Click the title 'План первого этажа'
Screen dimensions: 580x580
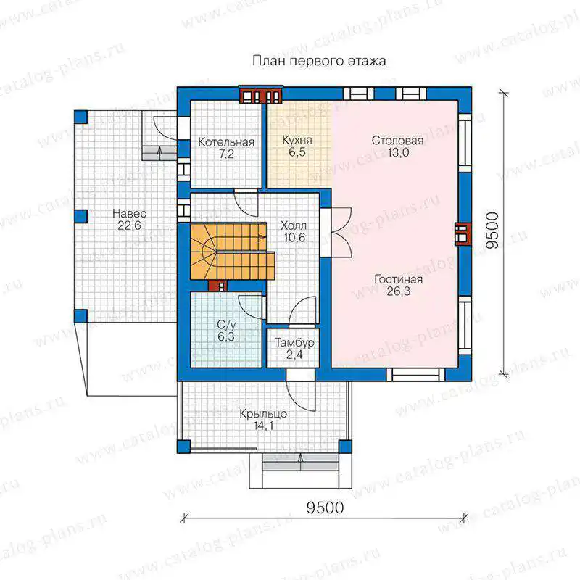[x=319, y=61]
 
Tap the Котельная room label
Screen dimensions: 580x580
[x=226, y=142]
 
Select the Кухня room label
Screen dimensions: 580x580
[x=297, y=140]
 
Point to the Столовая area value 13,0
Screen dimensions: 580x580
[x=398, y=152]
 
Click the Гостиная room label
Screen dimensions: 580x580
[x=398, y=279]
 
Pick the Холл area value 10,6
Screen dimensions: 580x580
[x=294, y=238]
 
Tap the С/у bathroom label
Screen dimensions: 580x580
[x=226, y=325]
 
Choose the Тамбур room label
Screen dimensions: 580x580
[x=294, y=342]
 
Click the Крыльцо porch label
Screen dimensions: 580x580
[x=263, y=414]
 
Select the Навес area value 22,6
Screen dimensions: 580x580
[x=129, y=225]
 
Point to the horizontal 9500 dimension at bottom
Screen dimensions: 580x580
[x=325, y=507]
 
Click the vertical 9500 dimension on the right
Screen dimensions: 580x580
[x=492, y=230]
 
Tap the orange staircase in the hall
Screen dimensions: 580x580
[x=232, y=251]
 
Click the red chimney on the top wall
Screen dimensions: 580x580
[x=261, y=96]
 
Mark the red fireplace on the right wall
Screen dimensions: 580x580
[x=463, y=234]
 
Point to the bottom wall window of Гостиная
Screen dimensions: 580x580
[x=415, y=375]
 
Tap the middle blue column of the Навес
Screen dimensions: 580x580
[x=80, y=216]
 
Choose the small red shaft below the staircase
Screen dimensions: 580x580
[x=217, y=286]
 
